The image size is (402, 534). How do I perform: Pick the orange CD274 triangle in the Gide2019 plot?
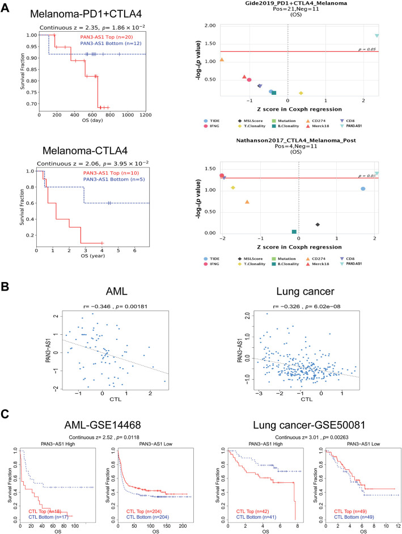point(222,60)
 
